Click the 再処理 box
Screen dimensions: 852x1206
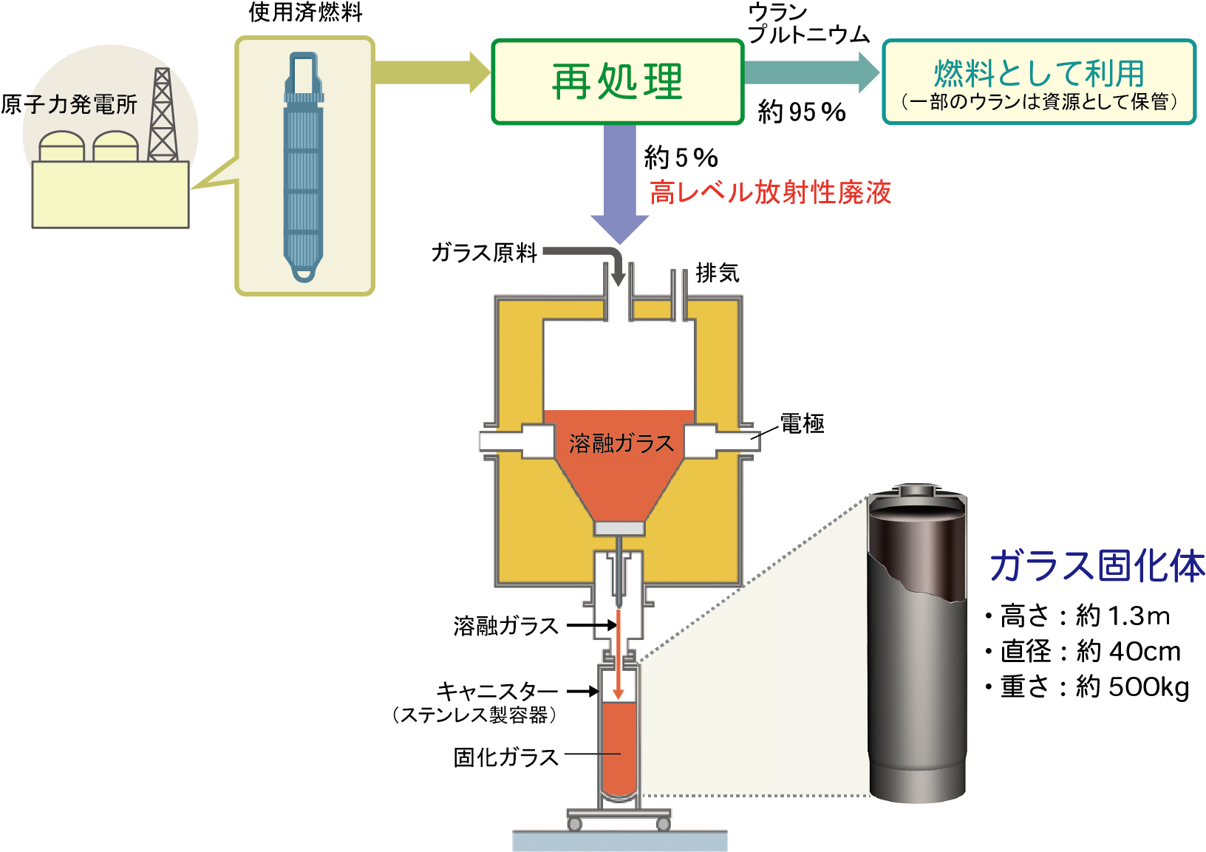pos(617,81)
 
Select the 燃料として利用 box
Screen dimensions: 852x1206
pos(1038,81)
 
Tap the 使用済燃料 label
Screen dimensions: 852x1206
pos(305,13)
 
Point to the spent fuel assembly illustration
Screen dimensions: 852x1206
pos(304,166)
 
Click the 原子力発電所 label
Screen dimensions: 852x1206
pos(69,104)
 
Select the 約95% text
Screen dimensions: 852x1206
pos(802,112)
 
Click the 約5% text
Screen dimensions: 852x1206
pos(681,157)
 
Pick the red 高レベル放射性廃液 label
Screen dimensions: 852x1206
pos(771,192)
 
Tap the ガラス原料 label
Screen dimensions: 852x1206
pos(484,253)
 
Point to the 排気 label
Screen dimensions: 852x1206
pos(717,273)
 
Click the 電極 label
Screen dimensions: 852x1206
pos(803,423)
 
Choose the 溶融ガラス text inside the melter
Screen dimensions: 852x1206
pos(621,443)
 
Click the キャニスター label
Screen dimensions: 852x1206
pos(497,692)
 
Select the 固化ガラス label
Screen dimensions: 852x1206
pos(506,757)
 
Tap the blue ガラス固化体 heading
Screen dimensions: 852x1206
pos(1097,566)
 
